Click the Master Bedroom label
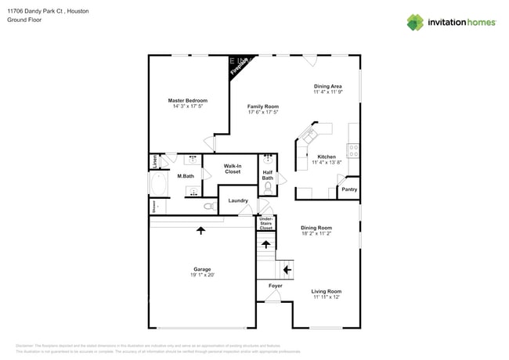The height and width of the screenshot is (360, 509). [x=187, y=100]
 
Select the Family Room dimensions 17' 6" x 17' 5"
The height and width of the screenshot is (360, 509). [x=263, y=113]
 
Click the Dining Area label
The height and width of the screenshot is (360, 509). [x=327, y=86]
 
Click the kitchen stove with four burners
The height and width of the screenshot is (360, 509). [x=353, y=151]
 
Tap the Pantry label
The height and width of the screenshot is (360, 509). [x=349, y=189]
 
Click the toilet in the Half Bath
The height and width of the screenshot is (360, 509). [x=268, y=187]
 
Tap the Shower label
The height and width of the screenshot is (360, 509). [x=154, y=207]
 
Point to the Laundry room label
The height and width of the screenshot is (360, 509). [x=238, y=201]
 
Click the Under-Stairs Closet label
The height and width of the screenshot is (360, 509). [x=266, y=224]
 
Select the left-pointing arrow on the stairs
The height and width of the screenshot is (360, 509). [x=287, y=270]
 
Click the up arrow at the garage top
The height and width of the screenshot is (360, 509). [x=201, y=231]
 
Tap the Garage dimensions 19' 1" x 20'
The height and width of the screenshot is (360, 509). [x=201, y=275]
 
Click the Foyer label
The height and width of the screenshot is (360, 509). [x=275, y=286]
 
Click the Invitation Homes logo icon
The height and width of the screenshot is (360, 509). [x=415, y=23]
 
